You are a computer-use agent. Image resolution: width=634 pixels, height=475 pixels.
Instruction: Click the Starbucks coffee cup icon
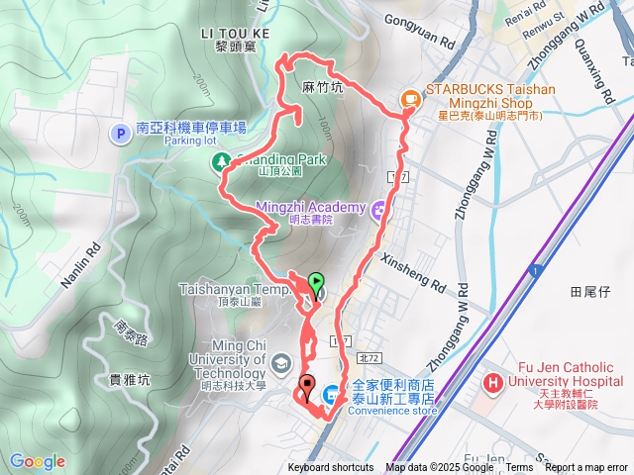(x=409, y=98)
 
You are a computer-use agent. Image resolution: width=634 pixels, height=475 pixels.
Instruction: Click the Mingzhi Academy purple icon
(x=378, y=210)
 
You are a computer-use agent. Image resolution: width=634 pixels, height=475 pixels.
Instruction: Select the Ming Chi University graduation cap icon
(x=282, y=363)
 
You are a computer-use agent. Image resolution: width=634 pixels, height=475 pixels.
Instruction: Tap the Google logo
(x=37, y=461)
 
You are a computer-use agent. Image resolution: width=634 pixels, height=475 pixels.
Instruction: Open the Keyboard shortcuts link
(x=331, y=468)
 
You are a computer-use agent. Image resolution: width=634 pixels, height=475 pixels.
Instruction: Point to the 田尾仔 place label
(x=589, y=292)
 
